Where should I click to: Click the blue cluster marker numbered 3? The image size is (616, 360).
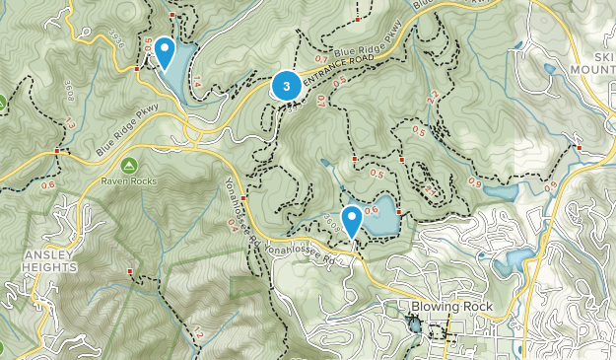click(x=286, y=86)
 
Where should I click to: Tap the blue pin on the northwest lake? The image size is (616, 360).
click(x=165, y=49)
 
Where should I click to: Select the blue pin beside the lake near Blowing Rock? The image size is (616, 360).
click(x=351, y=218)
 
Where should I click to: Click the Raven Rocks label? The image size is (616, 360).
click(x=128, y=181)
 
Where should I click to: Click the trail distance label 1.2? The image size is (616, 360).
click(x=196, y=335)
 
